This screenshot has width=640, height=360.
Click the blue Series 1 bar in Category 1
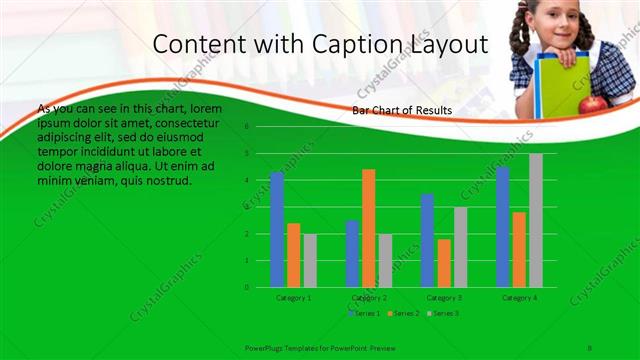point(277,229)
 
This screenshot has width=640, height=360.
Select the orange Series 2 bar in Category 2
point(369,228)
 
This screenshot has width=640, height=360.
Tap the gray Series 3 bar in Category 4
point(536,220)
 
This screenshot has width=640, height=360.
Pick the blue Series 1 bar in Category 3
point(427,240)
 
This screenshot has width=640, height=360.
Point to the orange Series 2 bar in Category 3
point(444,263)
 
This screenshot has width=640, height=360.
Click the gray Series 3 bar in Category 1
point(310,260)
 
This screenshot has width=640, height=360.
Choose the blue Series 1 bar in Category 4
point(503,227)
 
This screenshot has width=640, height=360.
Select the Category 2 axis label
point(369,298)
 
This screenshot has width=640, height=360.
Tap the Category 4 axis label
point(519,298)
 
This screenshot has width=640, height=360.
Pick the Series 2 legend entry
point(403,314)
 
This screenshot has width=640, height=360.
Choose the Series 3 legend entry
point(444,314)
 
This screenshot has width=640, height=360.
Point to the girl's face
point(555,22)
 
